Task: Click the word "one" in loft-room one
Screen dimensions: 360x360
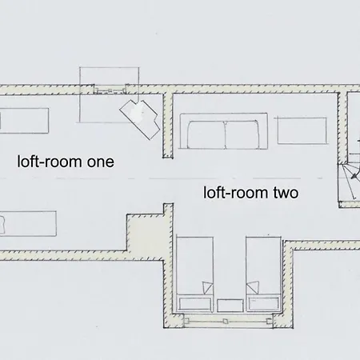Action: pyautogui.click(x=101, y=162)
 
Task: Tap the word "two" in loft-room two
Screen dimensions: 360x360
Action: pyautogui.click(x=286, y=193)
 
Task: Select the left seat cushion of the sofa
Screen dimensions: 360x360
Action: pyautogui.click(x=206, y=134)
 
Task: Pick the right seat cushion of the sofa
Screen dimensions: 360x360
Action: pyautogui.click(x=242, y=134)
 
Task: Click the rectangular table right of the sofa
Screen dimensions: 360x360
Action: pyautogui.click(x=302, y=130)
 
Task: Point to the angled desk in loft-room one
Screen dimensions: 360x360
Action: pyautogui.click(x=140, y=119)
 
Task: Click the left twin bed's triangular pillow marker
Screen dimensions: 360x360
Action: pyautogui.click(x=207, y=288)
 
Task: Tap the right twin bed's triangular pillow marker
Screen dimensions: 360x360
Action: pyautogui.click(x=253, y=287)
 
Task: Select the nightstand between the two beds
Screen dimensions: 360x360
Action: pyautogui.click(x=230, y=306)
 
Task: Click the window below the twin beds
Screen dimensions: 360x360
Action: pyautogui.click(x=228, y=321)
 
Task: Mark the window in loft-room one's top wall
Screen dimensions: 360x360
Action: pyautogui.click(x=110, y=90)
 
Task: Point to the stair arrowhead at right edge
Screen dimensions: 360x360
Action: pyautogui.click(x=354, y=176)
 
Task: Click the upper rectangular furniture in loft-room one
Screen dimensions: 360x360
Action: pyautogui.click(x=24, y=121)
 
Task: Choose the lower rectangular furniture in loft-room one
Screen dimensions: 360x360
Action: pyautogui.click(x=28, y=223)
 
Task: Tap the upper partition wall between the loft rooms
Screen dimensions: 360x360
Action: pyautogui.click(x=168, y=126)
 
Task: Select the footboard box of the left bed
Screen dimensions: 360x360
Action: pyautogui.click(x=194, y=304)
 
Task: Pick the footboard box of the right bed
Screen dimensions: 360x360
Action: pyautogui.click(x=263, y=304)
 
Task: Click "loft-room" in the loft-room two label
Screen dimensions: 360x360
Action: pyautogui.click(x=237, y=193)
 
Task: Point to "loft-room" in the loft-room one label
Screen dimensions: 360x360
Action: pyautogui.click(x=50, y=162)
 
